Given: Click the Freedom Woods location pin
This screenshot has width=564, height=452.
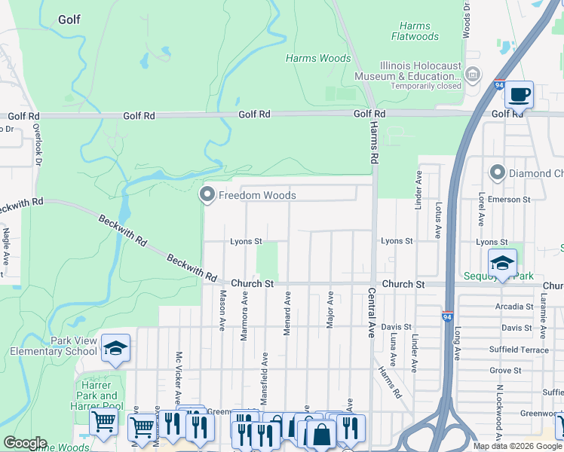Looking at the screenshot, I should (207, 195).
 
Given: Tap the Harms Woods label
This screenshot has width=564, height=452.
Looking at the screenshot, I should (318, 58).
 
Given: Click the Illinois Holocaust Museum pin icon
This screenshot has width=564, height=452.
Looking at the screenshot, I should (473, 75).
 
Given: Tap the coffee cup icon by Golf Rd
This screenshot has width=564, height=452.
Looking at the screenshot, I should (519, 95).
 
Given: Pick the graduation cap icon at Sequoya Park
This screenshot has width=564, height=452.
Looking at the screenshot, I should (502, 263).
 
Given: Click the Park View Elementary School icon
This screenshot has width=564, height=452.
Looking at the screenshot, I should (115, 348).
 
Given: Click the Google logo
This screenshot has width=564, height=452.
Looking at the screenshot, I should (25, 443).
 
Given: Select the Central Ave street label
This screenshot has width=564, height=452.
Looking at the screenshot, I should (371, 311).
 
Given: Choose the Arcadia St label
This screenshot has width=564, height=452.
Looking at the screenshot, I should (515, 307).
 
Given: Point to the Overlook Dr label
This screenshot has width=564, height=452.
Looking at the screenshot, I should (35, 145).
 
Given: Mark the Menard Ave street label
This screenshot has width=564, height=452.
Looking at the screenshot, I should (287, 310).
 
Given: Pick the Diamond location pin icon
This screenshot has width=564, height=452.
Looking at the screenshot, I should (497, 173).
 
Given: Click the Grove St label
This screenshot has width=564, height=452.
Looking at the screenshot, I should (504, 371).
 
